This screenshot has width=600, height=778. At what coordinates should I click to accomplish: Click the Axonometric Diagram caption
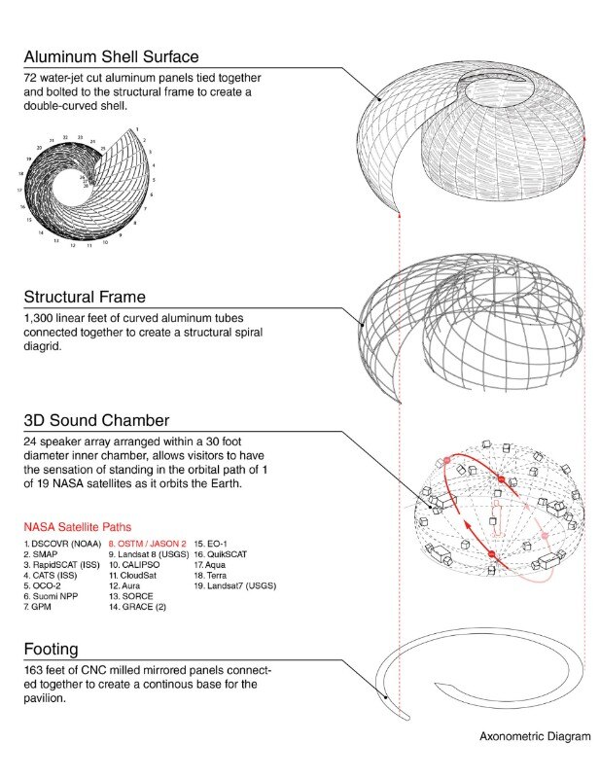pyautogui.click(x=534, y=736)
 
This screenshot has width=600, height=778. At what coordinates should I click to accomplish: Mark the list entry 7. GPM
pyautogui.click(x=41, y=607)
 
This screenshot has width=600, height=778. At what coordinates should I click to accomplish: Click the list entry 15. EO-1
pyautogui.click(x=216, y=544)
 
